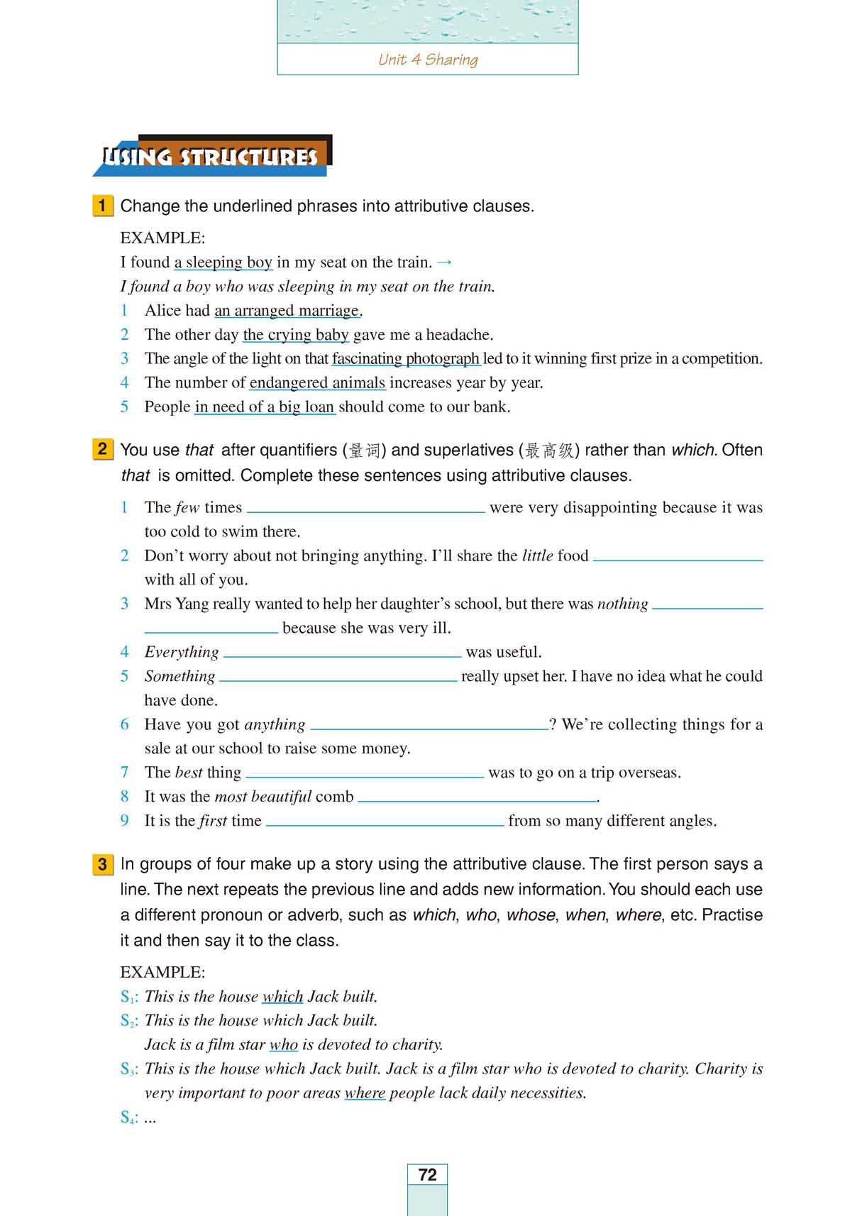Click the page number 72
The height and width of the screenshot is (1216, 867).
(427, 1174)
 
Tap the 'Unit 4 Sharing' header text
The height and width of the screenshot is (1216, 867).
(428, 60)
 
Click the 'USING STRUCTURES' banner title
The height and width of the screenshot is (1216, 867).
(211, 157)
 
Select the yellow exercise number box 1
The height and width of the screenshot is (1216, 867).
(102, 206)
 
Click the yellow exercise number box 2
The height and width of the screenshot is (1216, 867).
(102, 449)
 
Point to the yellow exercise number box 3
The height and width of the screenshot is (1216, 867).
(102, 863)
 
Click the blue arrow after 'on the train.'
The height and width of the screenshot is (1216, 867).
(444, 262)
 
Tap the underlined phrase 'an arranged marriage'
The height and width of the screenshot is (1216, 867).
(287, 311)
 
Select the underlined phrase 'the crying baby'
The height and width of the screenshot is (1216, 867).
(295, 335)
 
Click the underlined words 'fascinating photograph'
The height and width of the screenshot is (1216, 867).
(405, 359)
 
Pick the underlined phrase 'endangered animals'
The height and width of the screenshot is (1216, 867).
(317, 383)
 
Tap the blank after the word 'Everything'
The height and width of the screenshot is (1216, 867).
(342, 652)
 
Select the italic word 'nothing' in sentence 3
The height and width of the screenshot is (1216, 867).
(622, 604)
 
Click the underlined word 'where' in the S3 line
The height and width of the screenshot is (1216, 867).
(365, 1093)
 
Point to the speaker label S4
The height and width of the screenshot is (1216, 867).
(128, 1117)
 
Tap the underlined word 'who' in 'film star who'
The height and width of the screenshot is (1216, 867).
(283, 1045)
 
